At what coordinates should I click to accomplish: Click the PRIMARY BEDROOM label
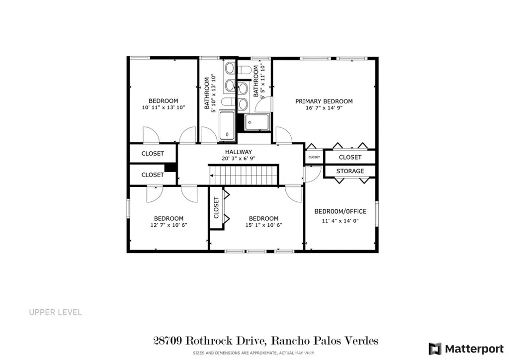pos(324,101)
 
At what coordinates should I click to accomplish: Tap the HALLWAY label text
pos(239,152)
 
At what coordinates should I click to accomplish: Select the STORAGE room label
pos(350,171)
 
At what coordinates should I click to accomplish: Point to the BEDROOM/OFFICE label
pos(340,211)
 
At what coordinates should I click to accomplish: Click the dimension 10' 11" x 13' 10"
pos(164,107)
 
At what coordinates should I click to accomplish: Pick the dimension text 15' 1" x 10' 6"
pos(263,225)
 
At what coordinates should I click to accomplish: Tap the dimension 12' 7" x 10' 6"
pos(169,225)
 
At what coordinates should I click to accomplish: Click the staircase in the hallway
pos(243,175)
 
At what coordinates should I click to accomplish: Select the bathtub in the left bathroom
pos(227,126)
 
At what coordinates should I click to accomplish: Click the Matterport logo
pos(464,348)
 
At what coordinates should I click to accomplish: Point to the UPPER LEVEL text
pos(55,313)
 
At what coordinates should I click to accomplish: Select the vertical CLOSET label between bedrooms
pos(216,207)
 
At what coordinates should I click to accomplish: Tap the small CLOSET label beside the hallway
pos(314,157)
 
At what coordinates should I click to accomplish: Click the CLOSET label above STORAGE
pos(350,157)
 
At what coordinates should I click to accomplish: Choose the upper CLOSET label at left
pos(153,154)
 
